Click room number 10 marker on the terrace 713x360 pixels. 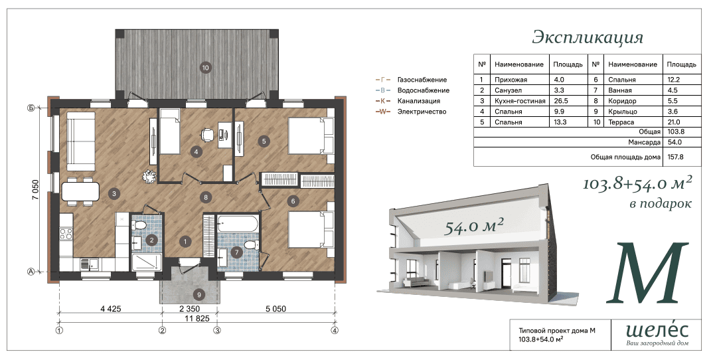[206, 68]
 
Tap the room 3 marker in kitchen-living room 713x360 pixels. [114, 193]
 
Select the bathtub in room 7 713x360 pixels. [238, 223]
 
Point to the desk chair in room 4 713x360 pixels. [207, 134]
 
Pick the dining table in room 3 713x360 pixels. [80, 191]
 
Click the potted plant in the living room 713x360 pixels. [149, 177]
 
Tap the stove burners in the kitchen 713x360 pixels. [66, 234]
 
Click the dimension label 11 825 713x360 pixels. [197, 319]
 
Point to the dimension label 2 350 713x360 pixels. [189, 309]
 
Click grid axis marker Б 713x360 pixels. [31, 108]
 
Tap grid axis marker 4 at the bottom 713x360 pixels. [335, 330]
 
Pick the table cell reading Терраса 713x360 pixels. [621, 122]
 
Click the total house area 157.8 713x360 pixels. [674, 157]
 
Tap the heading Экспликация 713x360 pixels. [588, 37]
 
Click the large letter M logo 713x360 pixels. [647, 273]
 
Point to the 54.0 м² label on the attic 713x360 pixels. [474, 225]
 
